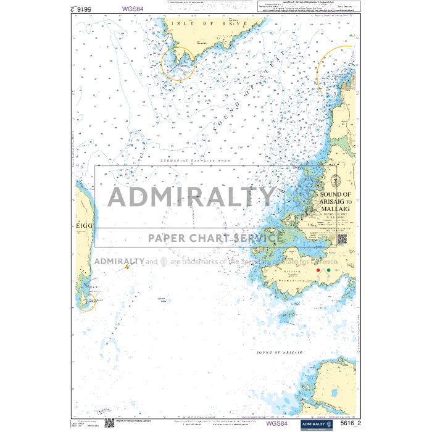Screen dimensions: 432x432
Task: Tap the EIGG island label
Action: (x=84, y=226)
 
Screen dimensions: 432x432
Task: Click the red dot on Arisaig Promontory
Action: (x=318, y=270)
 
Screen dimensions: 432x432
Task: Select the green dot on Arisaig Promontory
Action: (x=328, y=270)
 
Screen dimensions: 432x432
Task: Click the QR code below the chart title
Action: (x=342, y=239)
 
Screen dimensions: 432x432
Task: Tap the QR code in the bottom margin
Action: (x=109, y=423)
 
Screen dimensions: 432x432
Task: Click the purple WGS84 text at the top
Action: (x=137, y=9)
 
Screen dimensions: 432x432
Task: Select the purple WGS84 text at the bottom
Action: (x=276, y=423)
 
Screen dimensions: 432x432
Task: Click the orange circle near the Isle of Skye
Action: (x=178, y=62)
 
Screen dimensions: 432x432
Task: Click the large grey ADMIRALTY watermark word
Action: (x=191, y=197)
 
